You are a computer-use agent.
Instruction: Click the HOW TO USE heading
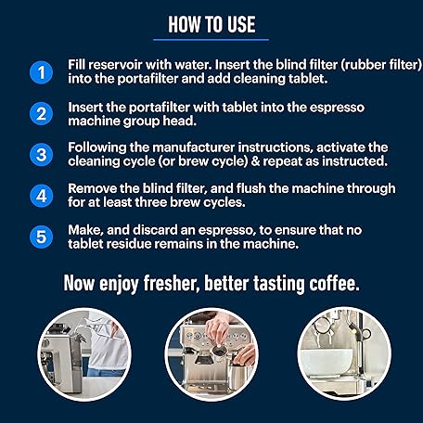coord(211,24)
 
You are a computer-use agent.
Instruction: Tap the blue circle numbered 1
coord(42,72)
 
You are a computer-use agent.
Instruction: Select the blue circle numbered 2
coord(42,113)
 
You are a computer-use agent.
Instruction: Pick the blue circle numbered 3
coord(42,155)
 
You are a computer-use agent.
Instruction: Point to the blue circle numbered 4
coord(42,196)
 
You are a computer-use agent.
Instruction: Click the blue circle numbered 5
coord(42,237)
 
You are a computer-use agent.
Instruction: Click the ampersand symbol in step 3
coord(255,161)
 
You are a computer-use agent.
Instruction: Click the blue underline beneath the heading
coord(211,40)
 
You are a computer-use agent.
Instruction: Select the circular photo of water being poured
coord(84,354)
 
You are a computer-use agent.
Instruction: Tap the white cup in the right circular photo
coord(328,364)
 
